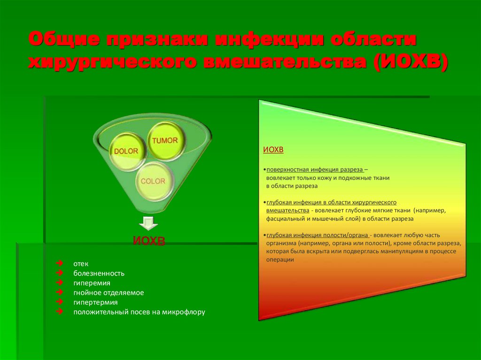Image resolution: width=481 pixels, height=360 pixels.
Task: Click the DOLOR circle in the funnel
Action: [126, 151]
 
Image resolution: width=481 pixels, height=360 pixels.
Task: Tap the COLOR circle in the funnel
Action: [153, 181]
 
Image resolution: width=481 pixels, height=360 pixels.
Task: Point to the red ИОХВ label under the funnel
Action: [149, 241]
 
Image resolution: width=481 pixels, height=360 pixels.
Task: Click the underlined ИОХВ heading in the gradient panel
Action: [273, 150]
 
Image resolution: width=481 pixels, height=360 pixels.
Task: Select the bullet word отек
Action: [81, 264]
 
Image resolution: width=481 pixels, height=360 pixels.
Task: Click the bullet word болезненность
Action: [99, 274]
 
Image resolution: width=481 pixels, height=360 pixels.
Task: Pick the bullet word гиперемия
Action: [92, 283]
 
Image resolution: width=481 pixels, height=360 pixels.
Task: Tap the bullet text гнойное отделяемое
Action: [109, 292]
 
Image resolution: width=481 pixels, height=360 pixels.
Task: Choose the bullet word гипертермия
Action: [95, 302]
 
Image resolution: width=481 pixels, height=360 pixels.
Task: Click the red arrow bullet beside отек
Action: [60, 264]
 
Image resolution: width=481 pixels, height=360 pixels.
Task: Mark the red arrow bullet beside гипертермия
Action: [60, 302]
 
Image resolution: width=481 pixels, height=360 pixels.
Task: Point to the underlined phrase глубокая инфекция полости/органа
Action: [317, 235]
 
